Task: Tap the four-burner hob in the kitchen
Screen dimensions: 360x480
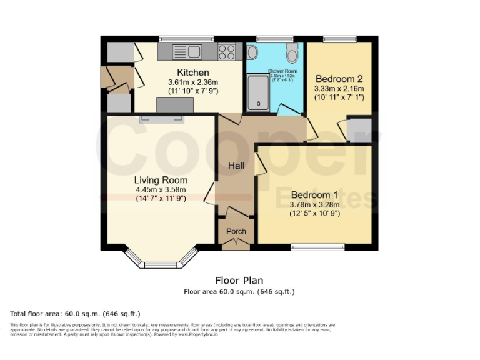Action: [227, 52]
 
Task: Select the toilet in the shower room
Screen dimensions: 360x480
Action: [292, 51]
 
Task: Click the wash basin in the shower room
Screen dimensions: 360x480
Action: [252, 52]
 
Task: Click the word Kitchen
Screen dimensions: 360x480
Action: [192, 72]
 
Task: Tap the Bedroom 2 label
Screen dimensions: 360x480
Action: [339, 79]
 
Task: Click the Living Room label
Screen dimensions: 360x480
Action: [161, 180]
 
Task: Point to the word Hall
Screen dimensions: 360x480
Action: [236, 166]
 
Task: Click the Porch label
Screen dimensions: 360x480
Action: [236, 231]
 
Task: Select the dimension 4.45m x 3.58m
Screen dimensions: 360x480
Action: [161, 189]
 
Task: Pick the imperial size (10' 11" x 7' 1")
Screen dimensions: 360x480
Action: [339, 99]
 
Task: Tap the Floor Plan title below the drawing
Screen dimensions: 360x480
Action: [239, 281]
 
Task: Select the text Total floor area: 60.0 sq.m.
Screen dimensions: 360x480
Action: [76, 314]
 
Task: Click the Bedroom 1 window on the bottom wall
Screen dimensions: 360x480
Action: [317, 247]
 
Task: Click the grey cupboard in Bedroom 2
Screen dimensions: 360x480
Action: [359, 128]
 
